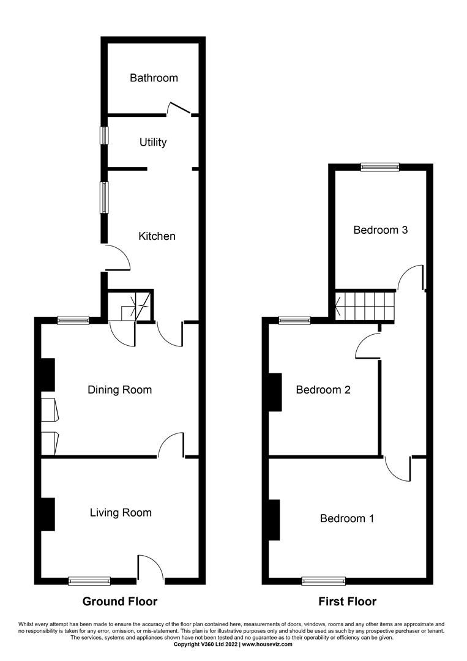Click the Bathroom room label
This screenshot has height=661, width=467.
pos(154,78)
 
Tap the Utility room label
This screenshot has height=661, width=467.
pos(153,142)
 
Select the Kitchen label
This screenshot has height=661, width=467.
pos(157,236)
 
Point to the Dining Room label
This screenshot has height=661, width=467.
pos(119,390)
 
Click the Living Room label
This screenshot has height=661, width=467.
pos(121,512)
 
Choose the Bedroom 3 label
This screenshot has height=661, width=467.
pos(381,230)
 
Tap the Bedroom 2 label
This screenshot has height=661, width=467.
pos(323,390)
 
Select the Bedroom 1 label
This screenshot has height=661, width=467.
pos(347,518)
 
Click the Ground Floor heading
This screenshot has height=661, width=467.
pos(120,602)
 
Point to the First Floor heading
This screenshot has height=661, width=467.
pos(348,602)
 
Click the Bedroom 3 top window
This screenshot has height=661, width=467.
pos(379,166)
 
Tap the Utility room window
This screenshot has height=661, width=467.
pos(105,135)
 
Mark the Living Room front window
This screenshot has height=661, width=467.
pos(89,581)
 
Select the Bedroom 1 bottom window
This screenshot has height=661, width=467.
pos(323,581)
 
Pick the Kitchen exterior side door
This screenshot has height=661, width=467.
pos(118,257)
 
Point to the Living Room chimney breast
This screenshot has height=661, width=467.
pos(48,514)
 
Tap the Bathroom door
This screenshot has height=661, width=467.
pos(179,109)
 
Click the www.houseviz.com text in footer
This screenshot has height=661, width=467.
pos(267,644)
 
